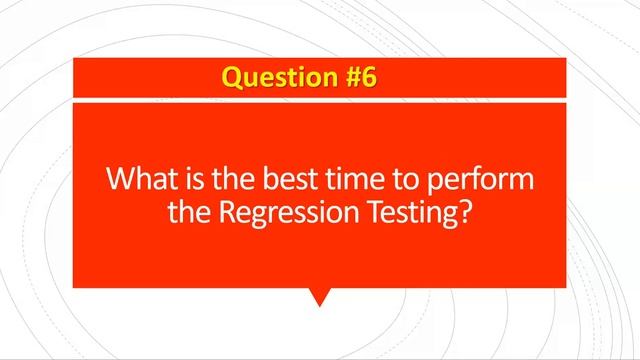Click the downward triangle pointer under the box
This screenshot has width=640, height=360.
pyautogui.click(x=319, y=296)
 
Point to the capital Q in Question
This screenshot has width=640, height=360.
pyautogui.click(x=232, y=77)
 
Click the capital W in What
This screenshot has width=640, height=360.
pyautogui.click(x=120, y=182)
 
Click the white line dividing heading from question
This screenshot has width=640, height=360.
pyautogui.click(x=319, y=100)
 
